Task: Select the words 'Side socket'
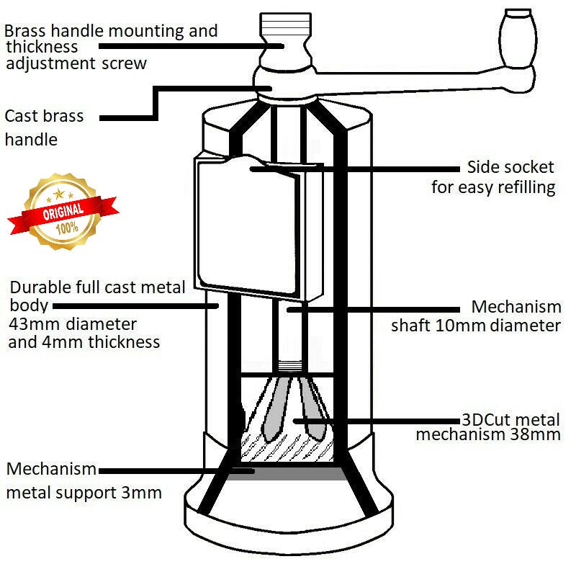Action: (x=510, y=167)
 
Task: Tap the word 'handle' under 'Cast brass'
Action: (x=30, y=139)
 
